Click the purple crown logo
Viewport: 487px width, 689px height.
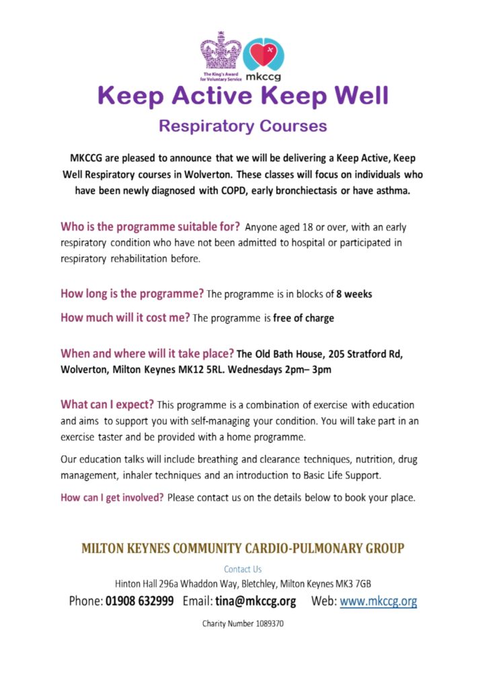220,52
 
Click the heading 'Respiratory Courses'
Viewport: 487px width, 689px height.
243,126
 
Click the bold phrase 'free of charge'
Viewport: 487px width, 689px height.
303,318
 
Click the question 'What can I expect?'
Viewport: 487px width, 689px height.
107,405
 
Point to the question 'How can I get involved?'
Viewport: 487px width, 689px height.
112,499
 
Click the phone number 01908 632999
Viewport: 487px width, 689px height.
139,601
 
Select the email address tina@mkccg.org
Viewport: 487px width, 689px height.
256,601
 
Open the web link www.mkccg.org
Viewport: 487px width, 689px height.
378,601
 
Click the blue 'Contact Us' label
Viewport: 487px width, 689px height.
243,569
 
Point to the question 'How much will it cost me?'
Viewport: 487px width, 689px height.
125,318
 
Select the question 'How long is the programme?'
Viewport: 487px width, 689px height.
132,295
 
